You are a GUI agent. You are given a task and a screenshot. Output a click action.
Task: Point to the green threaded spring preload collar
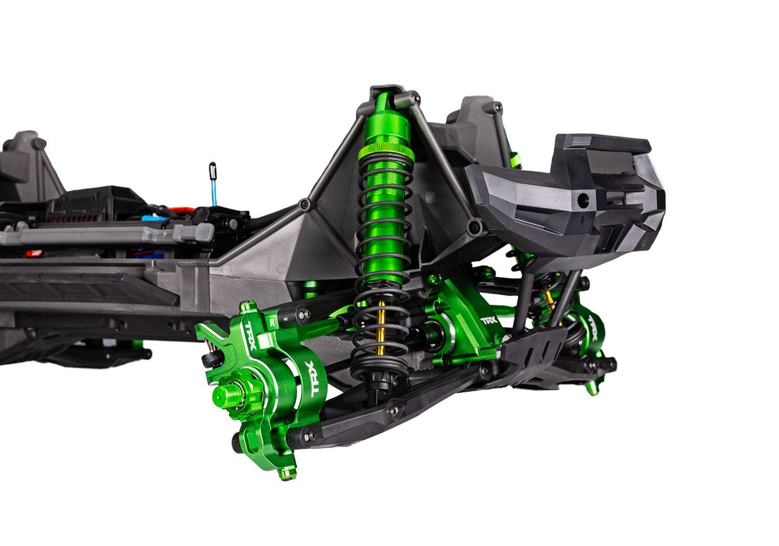point(386,152)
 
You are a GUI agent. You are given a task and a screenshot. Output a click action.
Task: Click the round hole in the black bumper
point(583,200)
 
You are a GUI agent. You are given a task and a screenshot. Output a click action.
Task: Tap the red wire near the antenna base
point(180,209)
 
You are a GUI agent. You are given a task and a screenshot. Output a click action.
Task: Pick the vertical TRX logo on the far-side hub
point(593,328)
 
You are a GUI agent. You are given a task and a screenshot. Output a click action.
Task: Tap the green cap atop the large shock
point(384,101)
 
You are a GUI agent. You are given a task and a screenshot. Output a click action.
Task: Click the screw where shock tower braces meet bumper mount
point(475,226)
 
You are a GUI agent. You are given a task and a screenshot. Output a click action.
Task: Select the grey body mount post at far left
point(26,161)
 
